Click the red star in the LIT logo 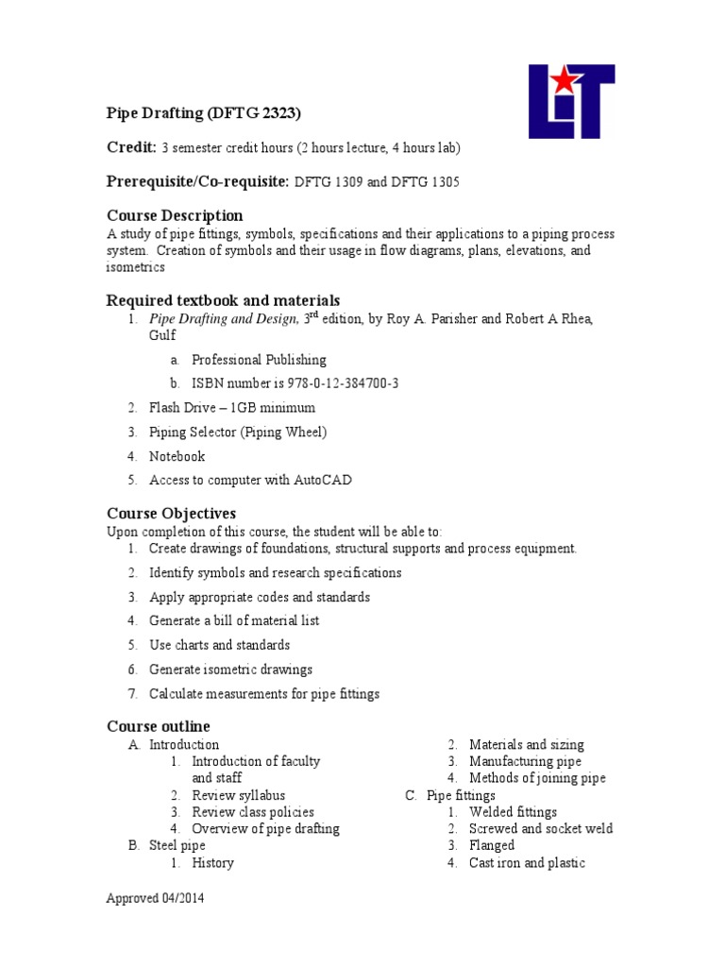(x=564, y=81)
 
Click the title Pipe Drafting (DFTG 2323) (x=202, y=113)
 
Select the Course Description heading (x=175, y=216)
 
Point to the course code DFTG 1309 (x=329, y=182)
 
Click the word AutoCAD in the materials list (x=323, y=480)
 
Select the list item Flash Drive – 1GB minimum (x=232, y=408)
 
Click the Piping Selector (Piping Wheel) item (x=238, y=432)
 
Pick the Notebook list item (x=177, y=456)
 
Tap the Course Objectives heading (x=171, y=514)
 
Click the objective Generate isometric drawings (x=230, y=670)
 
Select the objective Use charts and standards (x=220, y=645)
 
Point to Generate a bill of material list (x=234, y=620)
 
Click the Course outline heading (x=158, y=726)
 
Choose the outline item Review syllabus (x=238, y=795)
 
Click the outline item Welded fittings (x=513, y=812)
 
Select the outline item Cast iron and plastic (x=527, y=862)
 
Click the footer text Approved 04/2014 (x=154, y=899)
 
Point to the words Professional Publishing (x=259, y=360)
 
